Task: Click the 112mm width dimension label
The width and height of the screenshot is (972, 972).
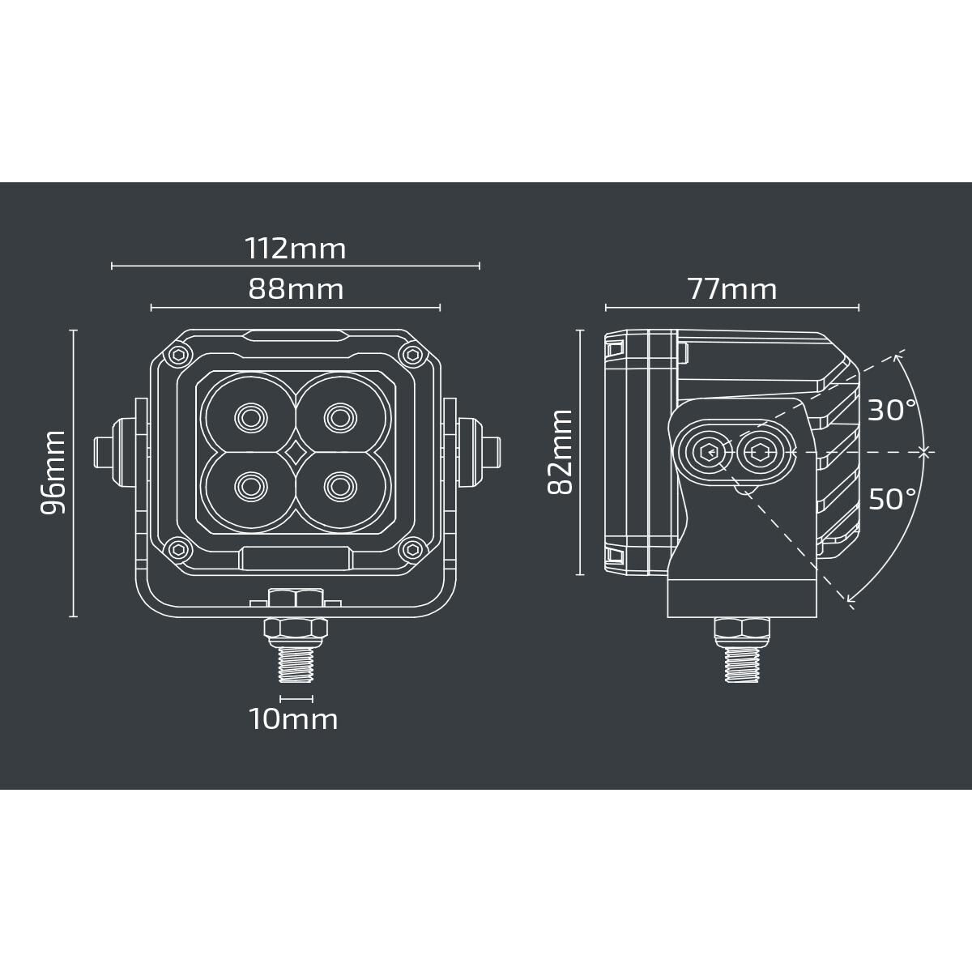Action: pyautogui.click(x=295, y=248)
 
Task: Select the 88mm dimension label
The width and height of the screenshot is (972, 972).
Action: pyautogui.click(x=295, y=289)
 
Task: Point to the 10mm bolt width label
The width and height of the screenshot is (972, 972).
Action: pyautogui.click(x=293, y=718)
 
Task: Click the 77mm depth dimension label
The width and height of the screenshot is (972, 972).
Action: pyautogui.click(x=731, y=289)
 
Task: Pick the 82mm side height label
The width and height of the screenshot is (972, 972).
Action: pyautogui.click(x=561, y=452)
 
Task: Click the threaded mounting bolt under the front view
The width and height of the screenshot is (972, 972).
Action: pyautogui.click(x=295, y=663)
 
